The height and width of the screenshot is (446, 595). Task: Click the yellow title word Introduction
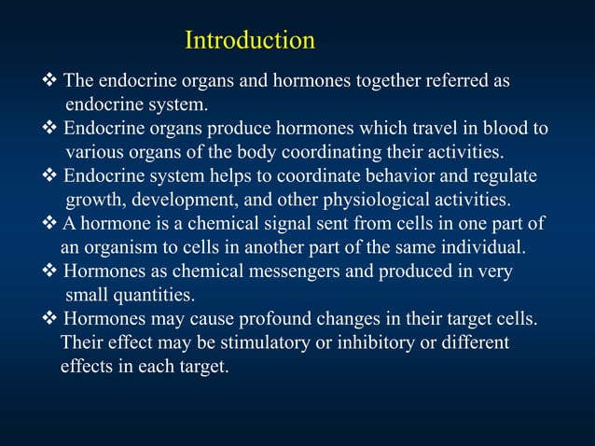[x=249, y=41]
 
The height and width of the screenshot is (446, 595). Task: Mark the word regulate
[x=504, y=175]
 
